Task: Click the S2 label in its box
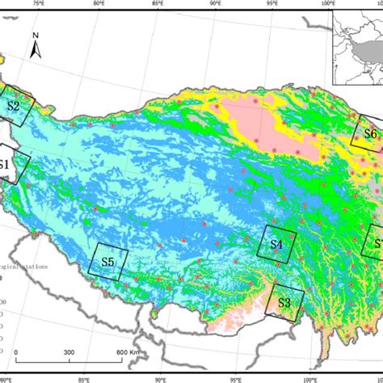click(x=14, y=105)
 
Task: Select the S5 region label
click(x=107, y=262)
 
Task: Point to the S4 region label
click(x=276, y=243)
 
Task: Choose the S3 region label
click(x=284, y=302)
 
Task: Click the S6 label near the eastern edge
click(x=370, y=133)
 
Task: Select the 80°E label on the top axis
click(x=99, y=3)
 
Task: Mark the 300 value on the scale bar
click(x=69, y=352)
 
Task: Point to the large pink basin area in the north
click(x=259, y=121)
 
